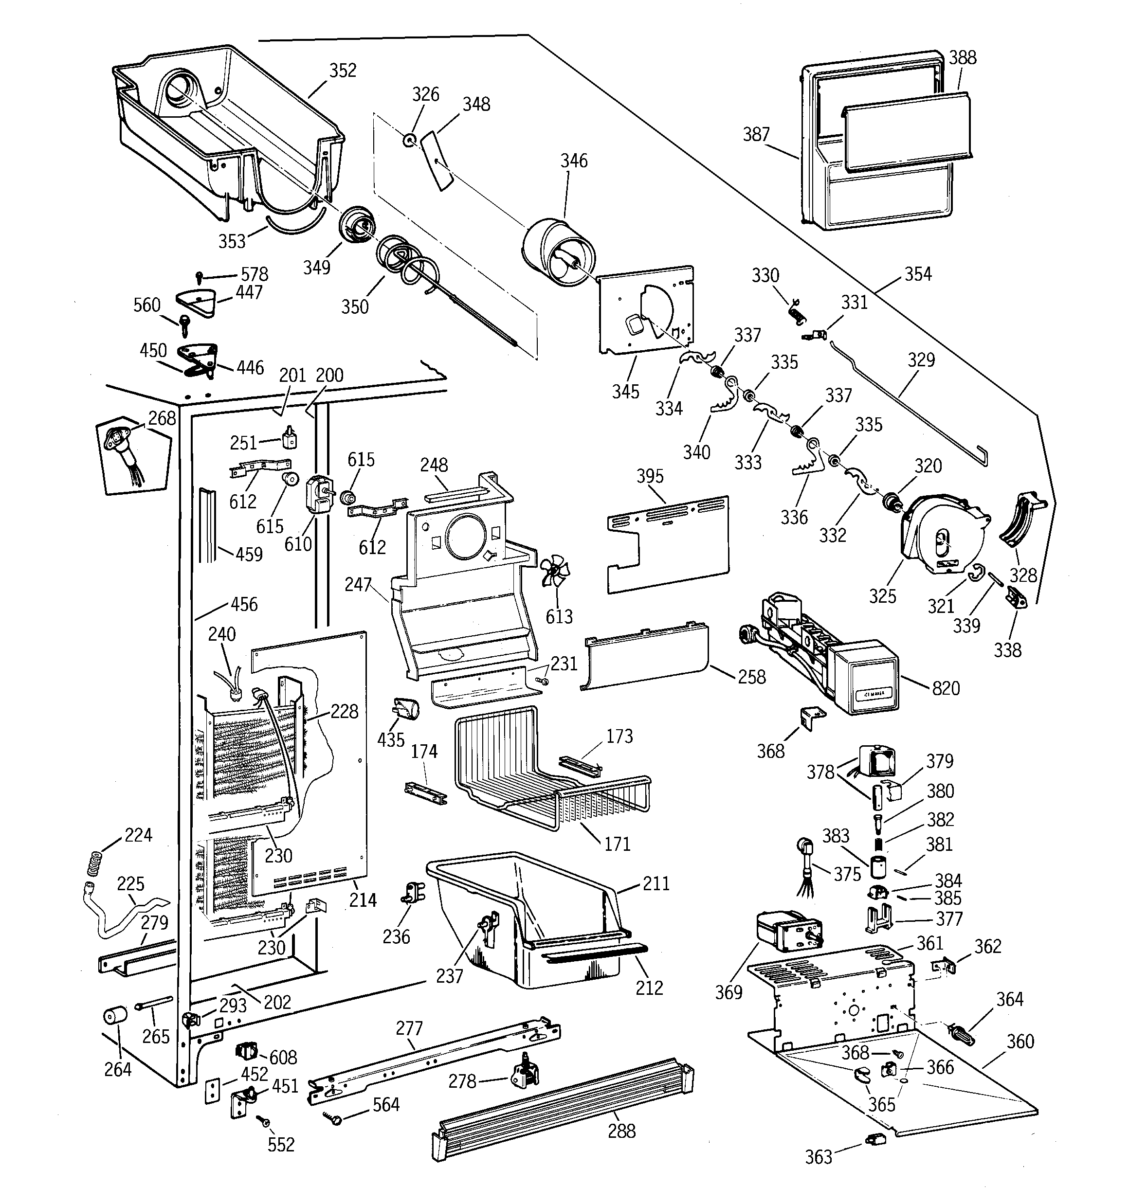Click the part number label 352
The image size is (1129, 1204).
(343, 71)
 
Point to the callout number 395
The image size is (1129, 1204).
(650, 476)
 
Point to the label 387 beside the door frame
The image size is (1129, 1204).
(756, 134)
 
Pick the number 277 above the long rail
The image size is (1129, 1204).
(409, 1028)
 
